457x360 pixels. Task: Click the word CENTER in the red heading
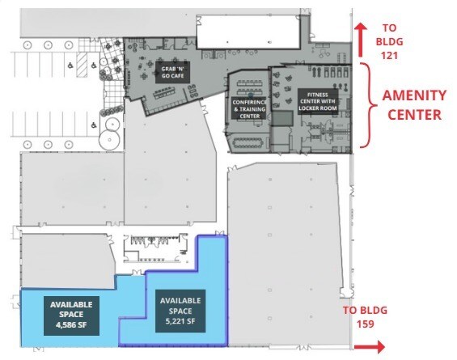[415, 113]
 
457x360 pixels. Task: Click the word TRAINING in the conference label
[251, 109]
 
